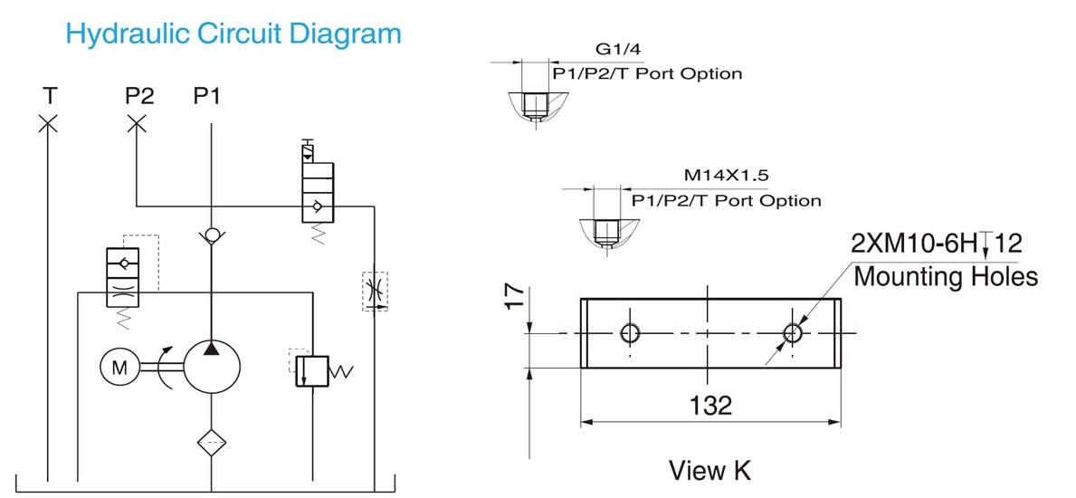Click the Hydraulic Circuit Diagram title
pyautogui.click(x=233, y=33)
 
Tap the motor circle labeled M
pyautogui.click(x=120, y=369)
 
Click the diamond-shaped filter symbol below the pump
pyautogui.click(x=212, y=443)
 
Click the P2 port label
pyautogui.click(x=139, y=96)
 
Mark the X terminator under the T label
pyautogui.click(x=47, y=124)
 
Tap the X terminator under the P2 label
pyautogui.click(x=138, y=124)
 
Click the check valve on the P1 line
pyautogui.click(x=211, y=235)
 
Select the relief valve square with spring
pyautogui.click(x=312, y=371)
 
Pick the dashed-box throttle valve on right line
pyautogui.click(x=375, y=292)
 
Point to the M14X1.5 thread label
pyautogui.click(x=726, y=175)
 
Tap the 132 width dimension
pyautogui.click(x=710, y=406)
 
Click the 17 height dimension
pyautogui.click(x=517, y=299)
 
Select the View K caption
pyautogui.click(x=709, y=471)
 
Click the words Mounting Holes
pyautogui.click(x=946, y=277)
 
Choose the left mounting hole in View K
pyautogui.click(x=630, y=334)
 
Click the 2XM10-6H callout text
pyautogui.click(x=916, y=244)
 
